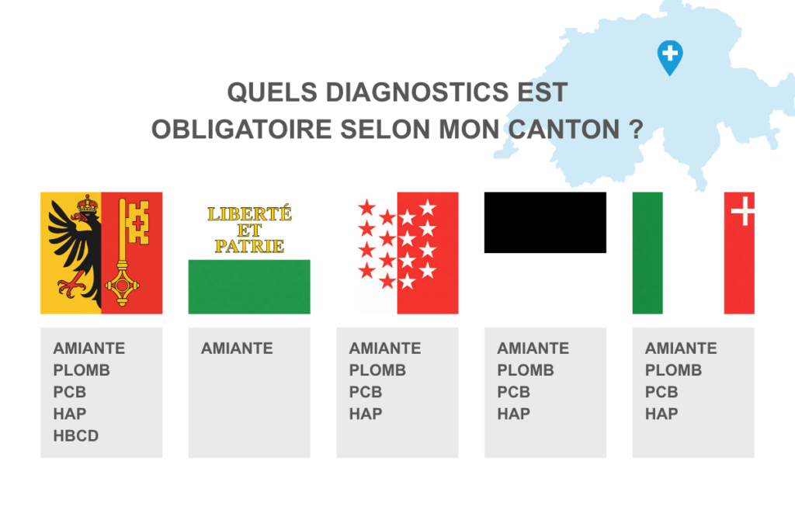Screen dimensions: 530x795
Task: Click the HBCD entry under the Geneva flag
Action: [x=76, y=435]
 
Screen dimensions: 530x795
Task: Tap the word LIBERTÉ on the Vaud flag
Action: [x=248, y=213]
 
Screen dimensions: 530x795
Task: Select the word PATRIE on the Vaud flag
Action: [x=249, y=246]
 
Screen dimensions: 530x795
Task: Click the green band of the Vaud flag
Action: [x=249, y=286]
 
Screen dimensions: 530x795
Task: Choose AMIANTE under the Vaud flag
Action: [x=237, y=348]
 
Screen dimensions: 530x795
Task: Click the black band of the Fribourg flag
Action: [x=545, y=222]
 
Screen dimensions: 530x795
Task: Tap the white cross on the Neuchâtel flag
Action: [x=743, y=210]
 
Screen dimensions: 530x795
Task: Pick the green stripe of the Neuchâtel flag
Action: [x=647, y=253]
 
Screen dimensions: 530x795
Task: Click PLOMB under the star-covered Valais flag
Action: [x=377, y=370]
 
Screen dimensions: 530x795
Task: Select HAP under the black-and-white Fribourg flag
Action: [x=513, y=414]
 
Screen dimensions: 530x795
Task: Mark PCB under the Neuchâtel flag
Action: [x=661, y=392]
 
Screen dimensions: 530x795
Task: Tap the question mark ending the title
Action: [x=635, y=130]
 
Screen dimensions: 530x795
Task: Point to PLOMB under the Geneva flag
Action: [x=82, y=370]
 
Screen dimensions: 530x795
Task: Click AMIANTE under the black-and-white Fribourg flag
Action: [x=533, y=348]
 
